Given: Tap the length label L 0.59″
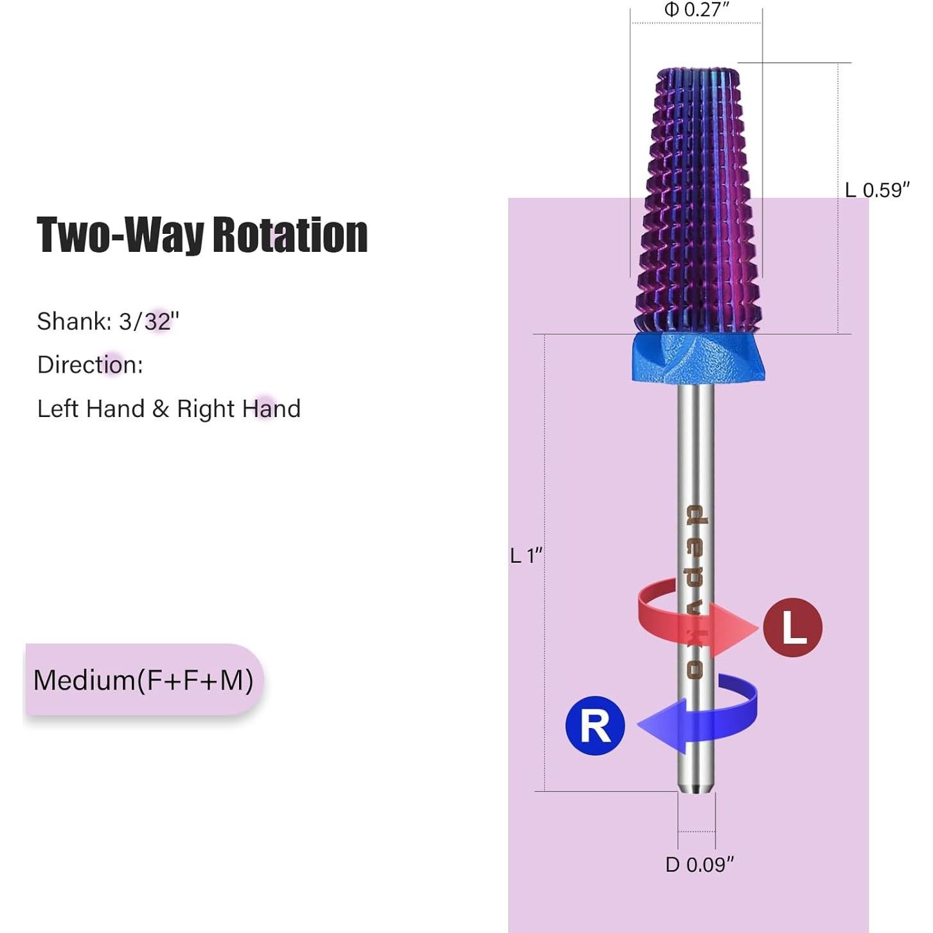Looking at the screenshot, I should (876, 190).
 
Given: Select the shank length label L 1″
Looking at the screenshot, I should (526, 555).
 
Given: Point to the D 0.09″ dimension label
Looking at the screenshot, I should (699, 865).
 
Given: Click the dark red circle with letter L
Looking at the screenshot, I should (792, 627).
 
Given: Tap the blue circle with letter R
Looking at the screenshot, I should (595, 725).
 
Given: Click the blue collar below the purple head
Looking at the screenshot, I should (698, 358).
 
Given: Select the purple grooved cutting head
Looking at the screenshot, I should (698, 199).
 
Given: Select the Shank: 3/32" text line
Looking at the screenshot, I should (108, 321).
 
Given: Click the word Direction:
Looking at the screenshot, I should (90, 365).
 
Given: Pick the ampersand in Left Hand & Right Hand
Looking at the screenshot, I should (161, 409).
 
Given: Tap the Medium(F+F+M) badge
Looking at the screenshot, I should (143, 680).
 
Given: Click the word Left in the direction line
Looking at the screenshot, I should (57, 409).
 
